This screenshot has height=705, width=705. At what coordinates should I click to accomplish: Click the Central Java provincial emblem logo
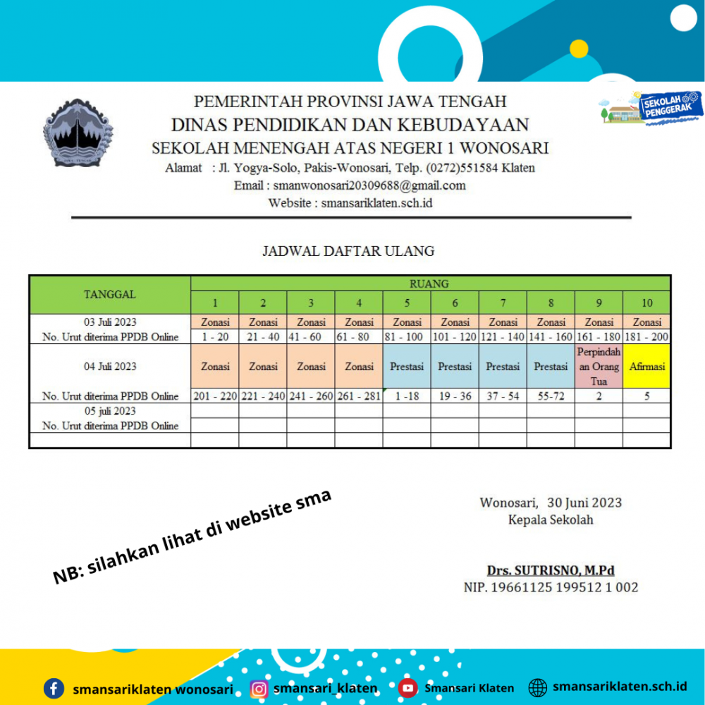(x=78, y=133)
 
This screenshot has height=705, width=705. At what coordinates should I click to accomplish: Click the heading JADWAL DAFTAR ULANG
(x=348, y=250)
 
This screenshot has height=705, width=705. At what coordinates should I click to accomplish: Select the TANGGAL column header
(x=110, y=294)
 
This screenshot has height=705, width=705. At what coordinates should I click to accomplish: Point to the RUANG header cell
(x=429, y=283)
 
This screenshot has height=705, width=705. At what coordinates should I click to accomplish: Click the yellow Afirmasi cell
(x=646, y=367)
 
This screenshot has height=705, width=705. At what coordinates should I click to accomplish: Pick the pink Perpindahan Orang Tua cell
(x=599, y=367)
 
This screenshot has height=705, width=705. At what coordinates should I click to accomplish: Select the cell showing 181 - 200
(x=646, y=337)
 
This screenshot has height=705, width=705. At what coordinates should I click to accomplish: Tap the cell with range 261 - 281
(x=359, y=396)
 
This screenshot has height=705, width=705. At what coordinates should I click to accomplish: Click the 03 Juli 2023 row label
(x=110, y=322)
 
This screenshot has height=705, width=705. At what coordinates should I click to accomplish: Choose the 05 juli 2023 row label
(x=110, y=411)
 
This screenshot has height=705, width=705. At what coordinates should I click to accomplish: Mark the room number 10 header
(x=646, y=303)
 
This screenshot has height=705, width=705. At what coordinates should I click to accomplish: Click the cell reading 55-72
(x=551, y=396)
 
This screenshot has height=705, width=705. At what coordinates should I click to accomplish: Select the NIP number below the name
(x=551, y=587)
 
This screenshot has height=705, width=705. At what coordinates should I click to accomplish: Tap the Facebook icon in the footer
(x=54, y=688)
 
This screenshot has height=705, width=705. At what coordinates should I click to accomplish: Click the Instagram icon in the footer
(x=259, y=688)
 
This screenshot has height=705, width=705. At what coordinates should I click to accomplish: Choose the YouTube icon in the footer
(x=407, y=688)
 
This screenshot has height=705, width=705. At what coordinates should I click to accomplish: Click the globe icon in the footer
(x=538, y=687)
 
